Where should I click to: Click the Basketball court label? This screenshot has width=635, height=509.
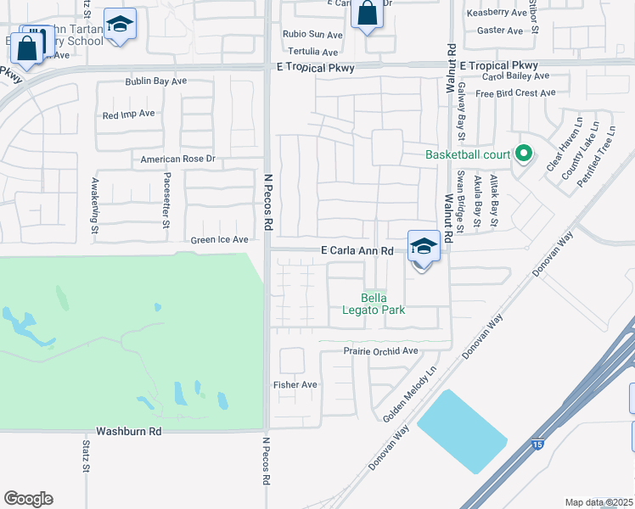point(468,154)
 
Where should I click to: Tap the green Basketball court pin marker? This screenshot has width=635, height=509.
point(524,154)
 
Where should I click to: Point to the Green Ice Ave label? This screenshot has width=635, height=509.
point(219,240)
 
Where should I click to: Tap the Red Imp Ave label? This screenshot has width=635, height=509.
point(128,114)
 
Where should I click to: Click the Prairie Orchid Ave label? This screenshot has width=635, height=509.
point(381,350)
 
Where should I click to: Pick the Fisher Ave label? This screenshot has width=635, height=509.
point(295,384)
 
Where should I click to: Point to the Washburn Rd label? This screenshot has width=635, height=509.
point(128,431)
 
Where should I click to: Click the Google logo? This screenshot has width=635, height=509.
point(28,499)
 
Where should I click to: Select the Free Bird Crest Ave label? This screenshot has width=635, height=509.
point(513,92)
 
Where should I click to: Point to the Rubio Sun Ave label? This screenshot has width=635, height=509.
point(313,35)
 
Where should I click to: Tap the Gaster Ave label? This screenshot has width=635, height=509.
point(500,31)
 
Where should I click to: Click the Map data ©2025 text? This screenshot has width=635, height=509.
point(598,502)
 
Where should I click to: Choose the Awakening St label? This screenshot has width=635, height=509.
point(95,204)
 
